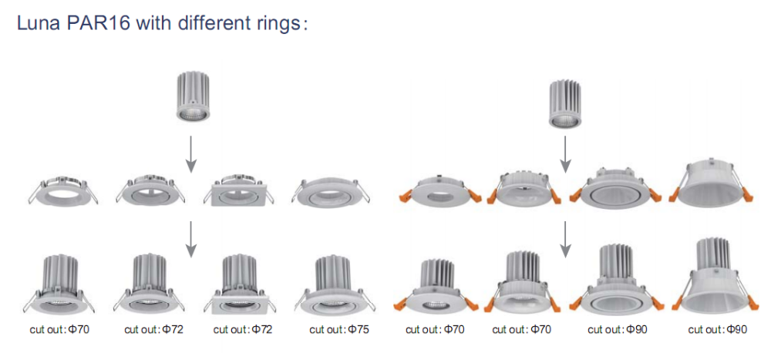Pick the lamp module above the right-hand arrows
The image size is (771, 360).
click(x=565, y=103)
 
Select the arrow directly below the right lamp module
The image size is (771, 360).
click(x=565, y=156)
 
